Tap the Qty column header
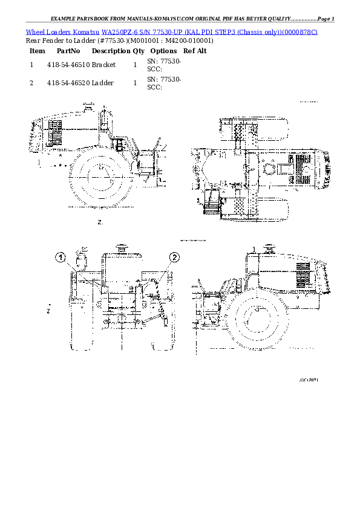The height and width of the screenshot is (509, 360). coord(139,51)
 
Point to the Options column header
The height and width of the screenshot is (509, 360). coord(163,51)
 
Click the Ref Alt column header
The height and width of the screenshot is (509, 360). coord(195,51)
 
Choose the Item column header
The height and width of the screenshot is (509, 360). coord(37,51)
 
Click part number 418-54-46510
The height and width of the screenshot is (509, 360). coord(68,63)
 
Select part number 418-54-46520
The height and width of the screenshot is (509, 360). coord(68,82)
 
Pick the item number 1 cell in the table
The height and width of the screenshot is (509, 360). coord(31,63)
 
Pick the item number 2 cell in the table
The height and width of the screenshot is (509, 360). coord(31,82)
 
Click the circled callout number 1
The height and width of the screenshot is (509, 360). coord(62,258)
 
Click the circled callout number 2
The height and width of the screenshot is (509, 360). coord(174,258)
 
